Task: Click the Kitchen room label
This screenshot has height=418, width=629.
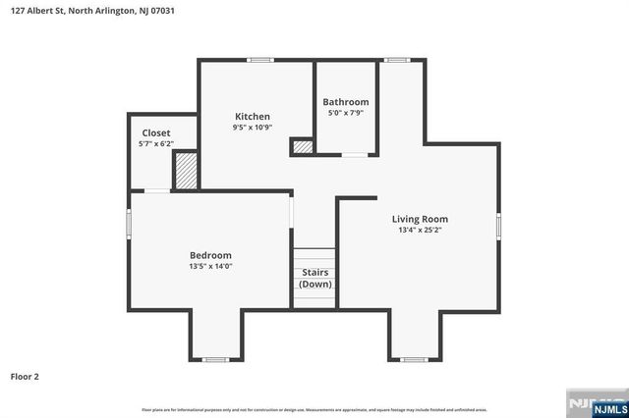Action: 252,117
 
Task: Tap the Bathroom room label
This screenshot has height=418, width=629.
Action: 345,102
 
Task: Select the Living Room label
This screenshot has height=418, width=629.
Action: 420,220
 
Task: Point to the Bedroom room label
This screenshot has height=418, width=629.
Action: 210,255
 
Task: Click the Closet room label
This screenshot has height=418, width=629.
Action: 156,132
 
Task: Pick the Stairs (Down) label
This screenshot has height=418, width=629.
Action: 315,278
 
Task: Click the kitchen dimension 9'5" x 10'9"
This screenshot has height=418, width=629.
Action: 252,128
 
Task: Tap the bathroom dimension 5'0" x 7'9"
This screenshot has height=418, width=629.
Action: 345,113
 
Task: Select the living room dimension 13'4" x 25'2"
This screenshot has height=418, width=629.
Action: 420,231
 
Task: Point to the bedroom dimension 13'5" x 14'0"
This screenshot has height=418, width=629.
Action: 210,266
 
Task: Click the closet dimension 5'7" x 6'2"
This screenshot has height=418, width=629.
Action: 156,143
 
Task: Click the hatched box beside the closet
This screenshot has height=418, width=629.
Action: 186,170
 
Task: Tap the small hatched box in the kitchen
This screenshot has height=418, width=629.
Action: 303,147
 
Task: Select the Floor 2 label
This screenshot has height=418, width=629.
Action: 25,376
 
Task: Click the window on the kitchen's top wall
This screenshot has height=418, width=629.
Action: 259,60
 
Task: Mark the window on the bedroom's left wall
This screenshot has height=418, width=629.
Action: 129,223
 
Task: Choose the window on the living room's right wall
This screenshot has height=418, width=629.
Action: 498,225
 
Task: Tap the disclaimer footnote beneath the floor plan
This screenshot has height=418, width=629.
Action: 314,409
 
